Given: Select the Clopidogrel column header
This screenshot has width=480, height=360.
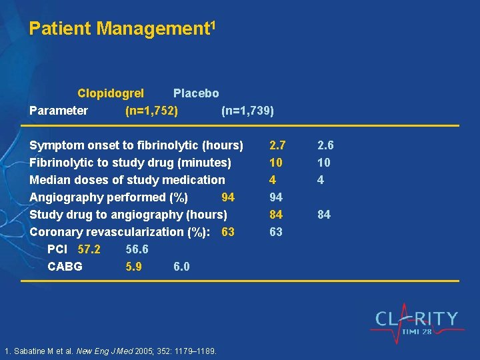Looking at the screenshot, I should click(x=111, y=93).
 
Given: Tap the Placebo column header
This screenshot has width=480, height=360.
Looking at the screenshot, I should click(x=196, y=93).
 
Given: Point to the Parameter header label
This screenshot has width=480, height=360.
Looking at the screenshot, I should click(x=59, y=111).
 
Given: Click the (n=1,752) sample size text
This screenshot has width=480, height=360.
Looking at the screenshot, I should click(x=151, y=111).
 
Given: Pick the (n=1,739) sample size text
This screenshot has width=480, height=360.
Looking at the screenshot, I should click(x=247, y=111).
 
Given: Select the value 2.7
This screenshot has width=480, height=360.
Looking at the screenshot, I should click(x=277, y=145).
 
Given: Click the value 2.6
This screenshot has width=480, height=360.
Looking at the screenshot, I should click(x=325, y=145).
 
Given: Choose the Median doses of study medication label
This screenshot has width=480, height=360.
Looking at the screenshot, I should click(x=127, y=180).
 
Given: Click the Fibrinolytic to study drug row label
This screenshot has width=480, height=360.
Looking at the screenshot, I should click(x=131, y=163).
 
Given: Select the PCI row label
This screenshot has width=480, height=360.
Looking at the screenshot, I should click(x=57, y=249).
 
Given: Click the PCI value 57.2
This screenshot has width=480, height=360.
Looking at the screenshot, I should click(x=89, y=249).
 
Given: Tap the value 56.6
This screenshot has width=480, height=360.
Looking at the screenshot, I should click(x=137, y=249).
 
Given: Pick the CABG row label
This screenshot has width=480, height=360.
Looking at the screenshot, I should click(x=65, y=267).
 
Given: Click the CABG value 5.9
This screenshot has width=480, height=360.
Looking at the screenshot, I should click(x=133, y=267).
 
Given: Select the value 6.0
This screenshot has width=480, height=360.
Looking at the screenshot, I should click(x=181, y=267).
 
